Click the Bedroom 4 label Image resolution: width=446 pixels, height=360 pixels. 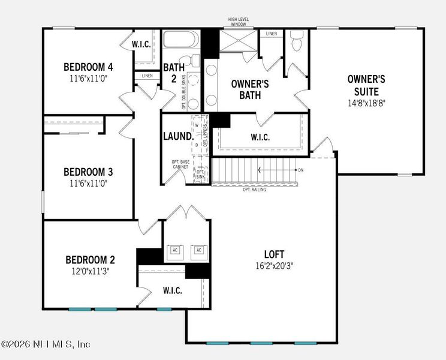click(x=88, y=67)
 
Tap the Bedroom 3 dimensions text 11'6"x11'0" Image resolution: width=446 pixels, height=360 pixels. click(x=89, y=184)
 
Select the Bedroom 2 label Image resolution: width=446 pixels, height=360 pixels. click(x=90, y=260)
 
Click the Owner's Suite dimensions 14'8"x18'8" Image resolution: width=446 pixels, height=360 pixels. click(x=366, y=103)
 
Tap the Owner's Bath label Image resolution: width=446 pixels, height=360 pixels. click(x=250, y=89)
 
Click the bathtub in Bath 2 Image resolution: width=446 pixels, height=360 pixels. click(x=180, y=41)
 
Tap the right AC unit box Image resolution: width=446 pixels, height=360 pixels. click(x=197, y=251)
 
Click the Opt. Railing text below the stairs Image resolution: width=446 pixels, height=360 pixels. click(x=255, y=190)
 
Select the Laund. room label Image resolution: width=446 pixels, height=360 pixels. click(x=178, y=136)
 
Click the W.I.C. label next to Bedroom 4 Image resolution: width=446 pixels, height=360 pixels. click(x=141, y=44)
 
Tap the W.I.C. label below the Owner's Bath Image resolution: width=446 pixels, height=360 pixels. click(x=260, y=137)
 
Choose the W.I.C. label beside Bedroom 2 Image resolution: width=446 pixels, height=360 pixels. click(x=172, y=291)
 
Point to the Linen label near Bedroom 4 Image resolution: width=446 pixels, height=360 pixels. click(x=147, y=76)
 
